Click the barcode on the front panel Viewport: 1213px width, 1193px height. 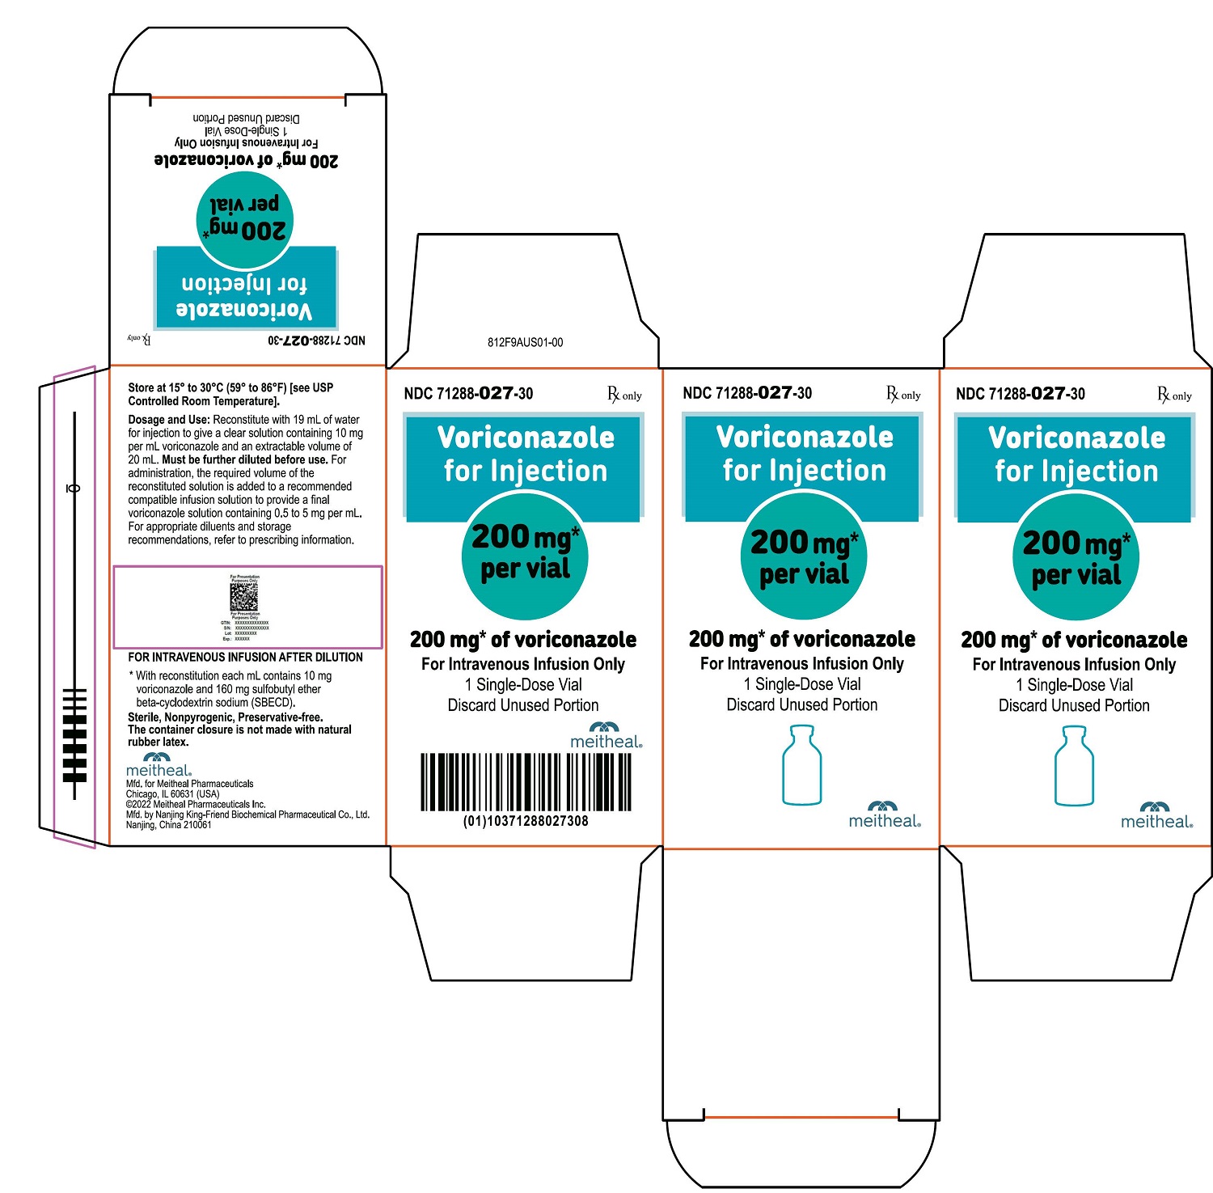[526, 781]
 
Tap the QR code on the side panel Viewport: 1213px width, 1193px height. [243, 597]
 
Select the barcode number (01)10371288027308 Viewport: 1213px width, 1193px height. [526, 821]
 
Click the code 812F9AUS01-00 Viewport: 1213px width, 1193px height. [525, 342]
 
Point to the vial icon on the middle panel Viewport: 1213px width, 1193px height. [801, 765]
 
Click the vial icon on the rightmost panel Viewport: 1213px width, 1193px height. [1074, 766]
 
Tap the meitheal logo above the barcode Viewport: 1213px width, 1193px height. [606, 735]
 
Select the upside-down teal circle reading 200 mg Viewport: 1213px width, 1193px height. [244, 220]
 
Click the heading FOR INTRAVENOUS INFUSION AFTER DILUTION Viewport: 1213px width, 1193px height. [245, 658]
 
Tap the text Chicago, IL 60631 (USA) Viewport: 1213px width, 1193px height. [172, 794]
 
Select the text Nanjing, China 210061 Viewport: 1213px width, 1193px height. [168, 825]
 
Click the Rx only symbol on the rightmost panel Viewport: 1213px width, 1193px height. [1174, 395]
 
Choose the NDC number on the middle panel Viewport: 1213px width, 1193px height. [747, 393]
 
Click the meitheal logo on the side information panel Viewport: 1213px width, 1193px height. [158, 765]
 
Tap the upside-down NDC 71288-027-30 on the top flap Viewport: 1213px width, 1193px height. [316, 341]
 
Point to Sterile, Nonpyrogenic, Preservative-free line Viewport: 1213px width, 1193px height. [225, 717]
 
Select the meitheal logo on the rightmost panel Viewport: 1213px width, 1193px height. [1156, 815]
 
